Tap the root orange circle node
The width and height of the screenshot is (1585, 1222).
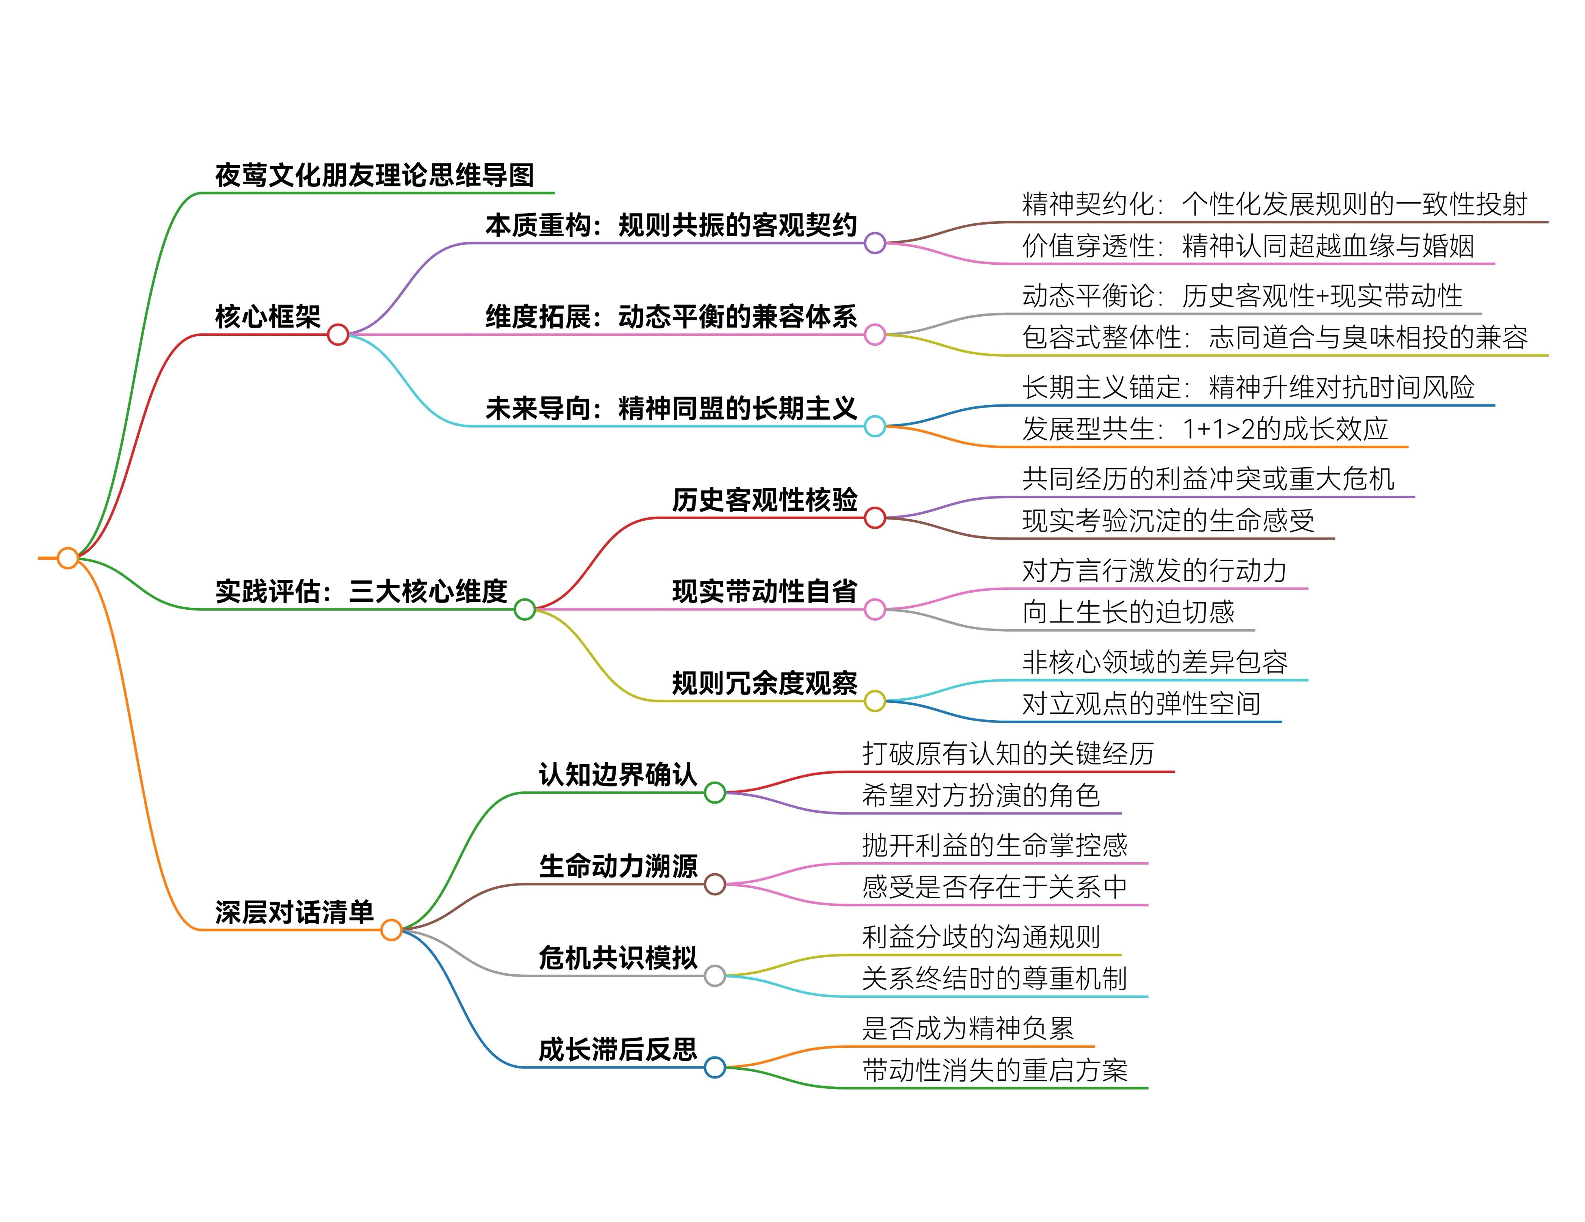[x=67, y=558]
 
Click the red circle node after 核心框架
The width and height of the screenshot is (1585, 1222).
[x=338, y=334]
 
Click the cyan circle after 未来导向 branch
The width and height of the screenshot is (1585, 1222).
[x=874, y=426]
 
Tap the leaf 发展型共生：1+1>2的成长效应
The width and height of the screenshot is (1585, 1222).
[x=1205, y=429]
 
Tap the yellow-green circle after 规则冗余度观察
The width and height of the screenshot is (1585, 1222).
[x=874, y=701]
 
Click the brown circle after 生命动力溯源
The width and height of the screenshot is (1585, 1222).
[x=715, y=884]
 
